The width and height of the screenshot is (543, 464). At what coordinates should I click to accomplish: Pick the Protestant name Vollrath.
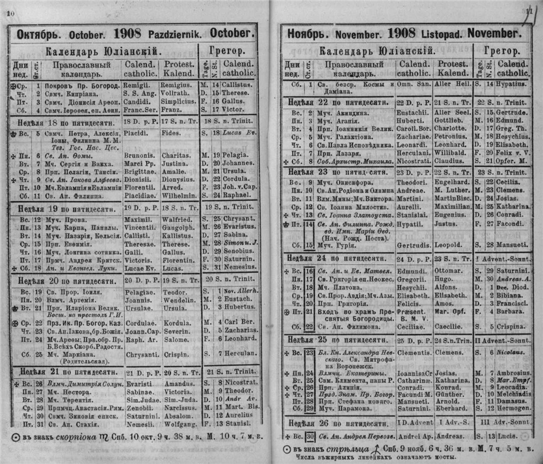pos(174,95)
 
